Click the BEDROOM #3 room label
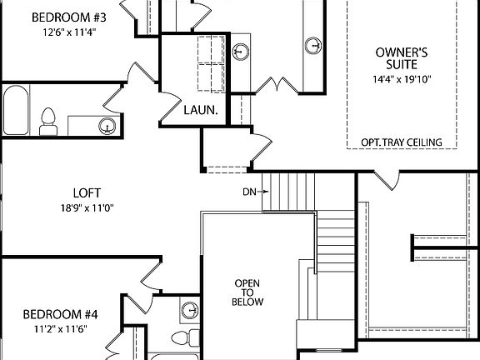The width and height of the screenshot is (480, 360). pyautogui.click(x=60, y=17)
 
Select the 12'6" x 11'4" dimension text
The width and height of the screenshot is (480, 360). pyautogui.click(x=60, y=32)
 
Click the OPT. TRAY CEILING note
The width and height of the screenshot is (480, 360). pyautogui.click(x=401, y=142)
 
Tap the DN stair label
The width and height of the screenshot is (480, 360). pyautogui.click(x=248, y=192)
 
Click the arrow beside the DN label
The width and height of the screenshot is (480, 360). pyautogui.click(x=262, y=192)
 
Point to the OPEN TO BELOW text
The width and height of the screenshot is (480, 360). pyautogui.click(x=247, y=292)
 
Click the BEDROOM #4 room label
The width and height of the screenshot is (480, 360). pyautogui.click(x=60, y=314)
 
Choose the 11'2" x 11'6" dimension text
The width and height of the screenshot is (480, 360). pyautogui.click(x=60, y=329)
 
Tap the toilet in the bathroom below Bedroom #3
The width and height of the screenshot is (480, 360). pyautogui.click(x=48, y=120)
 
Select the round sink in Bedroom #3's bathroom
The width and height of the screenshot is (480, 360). pyautogui.click(x=106, y=126)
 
